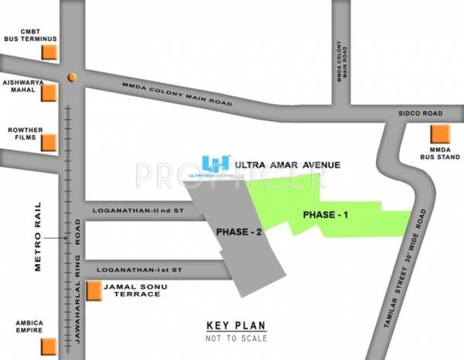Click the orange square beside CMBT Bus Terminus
coord(49,52)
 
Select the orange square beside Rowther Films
coord(49,141)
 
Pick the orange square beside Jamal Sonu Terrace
coord(93,290)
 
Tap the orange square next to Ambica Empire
coord(49,344)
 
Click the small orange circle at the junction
coord(71,76)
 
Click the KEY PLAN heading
coord(232,325)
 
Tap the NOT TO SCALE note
coord(232,338)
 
